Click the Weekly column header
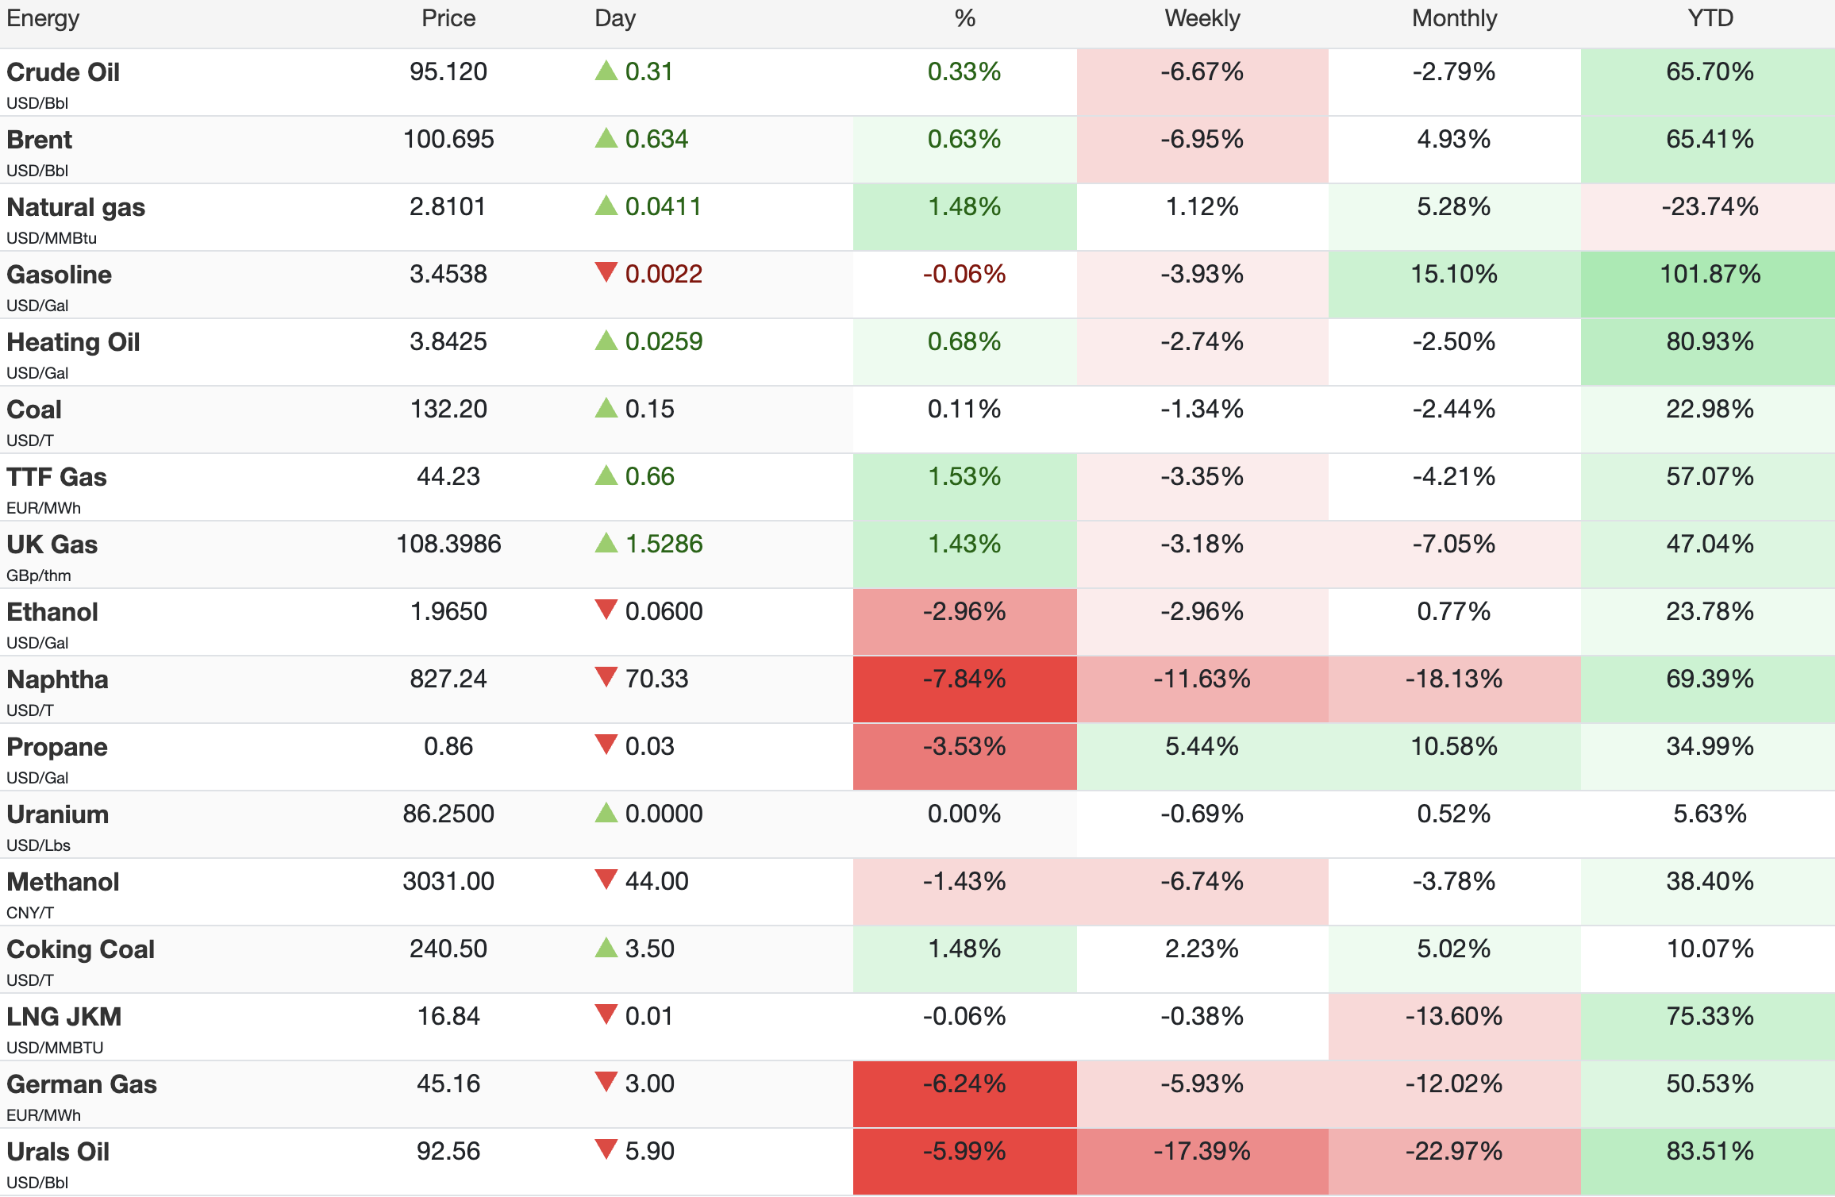coord(1202,18)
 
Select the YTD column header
coord(1710,18)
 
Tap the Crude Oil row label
coord(63,72)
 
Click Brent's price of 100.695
coord(448,139)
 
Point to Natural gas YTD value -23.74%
coord(1710,206)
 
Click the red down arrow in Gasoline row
coord(606,272)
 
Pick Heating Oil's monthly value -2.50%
coord(1453,341)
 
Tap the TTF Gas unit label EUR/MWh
coord(44,508)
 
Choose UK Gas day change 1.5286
coord(664,544)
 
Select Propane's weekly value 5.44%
coord(1202,746)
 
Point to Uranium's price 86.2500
coord(448,814)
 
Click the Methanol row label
coord(63,882)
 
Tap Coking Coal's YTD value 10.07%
coord(1710,949)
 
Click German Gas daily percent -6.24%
coord(964,1083)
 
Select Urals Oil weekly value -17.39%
coord(1202,1151)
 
